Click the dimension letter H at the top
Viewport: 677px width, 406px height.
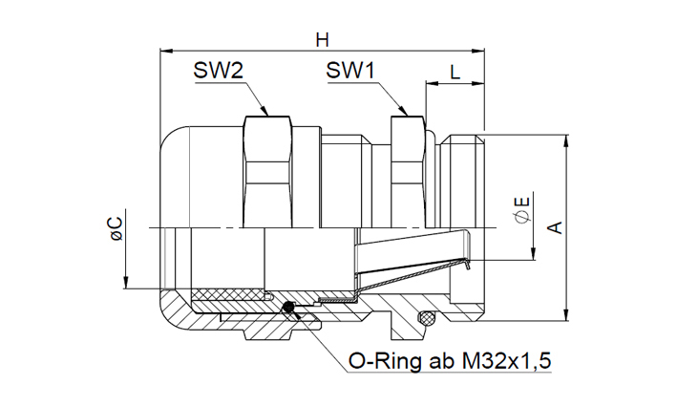pyautogui.click(x=322, y=39)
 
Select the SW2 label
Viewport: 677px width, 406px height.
pyautogui.click(x=219, y=71)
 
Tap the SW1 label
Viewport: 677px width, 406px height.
pyautogui.click(x=349, y=71)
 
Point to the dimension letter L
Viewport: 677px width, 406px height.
pyautogui.click(x=455, y=71)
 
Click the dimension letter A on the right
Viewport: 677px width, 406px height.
pyautogui.click(x=554, y=227)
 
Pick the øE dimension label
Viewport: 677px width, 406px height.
pyautogui.click(x=520, y=212)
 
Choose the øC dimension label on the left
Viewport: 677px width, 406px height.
pyautogui.click(x=116, y=227)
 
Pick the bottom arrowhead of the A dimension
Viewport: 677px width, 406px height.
pyautogui.click(x=567, y=315)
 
